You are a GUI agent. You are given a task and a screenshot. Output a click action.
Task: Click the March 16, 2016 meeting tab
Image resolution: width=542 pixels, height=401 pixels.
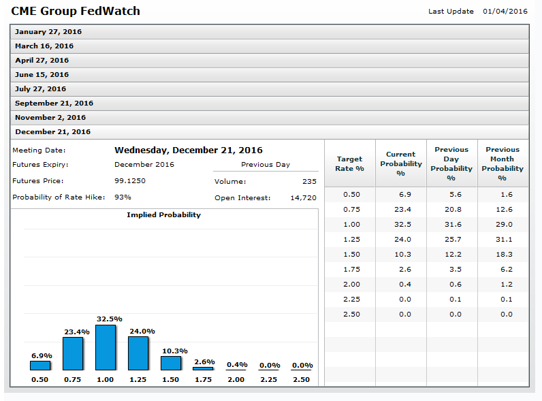click(44, 46)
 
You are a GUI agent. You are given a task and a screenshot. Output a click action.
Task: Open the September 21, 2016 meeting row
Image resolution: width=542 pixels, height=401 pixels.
click(54, 103)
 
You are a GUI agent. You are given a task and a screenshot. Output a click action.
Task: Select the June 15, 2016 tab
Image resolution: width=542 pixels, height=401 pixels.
click(42, 75)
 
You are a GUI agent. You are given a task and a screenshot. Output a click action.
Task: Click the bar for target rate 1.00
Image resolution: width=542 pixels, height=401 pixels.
click(105, 347)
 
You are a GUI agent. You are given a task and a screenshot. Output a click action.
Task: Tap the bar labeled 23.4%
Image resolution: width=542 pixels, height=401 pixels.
click(72, 353)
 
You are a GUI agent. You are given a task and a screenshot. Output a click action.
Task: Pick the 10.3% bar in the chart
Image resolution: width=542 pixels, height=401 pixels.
click(171, 363)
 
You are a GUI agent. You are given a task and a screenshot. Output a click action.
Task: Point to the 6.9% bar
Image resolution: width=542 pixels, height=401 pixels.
click(40, 365)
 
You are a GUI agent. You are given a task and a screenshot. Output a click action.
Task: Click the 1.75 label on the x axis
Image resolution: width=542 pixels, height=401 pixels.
click(203, 379)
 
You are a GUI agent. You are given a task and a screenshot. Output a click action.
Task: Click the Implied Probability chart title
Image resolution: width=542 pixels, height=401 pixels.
click(163, 215)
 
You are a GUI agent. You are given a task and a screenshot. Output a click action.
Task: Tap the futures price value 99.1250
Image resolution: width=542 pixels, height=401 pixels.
click(130, 181)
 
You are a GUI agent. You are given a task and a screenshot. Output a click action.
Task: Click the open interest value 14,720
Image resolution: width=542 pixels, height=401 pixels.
click(303, 198)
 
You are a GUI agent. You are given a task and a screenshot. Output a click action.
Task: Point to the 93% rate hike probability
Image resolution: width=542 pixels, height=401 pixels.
click(123, 197)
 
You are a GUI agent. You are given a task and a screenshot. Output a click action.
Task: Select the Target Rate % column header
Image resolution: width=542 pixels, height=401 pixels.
click(350, 163)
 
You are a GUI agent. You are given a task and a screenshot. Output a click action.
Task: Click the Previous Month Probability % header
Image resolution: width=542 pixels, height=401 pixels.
click(503, 163)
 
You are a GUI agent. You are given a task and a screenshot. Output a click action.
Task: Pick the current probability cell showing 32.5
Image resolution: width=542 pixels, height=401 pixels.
click(400, 225)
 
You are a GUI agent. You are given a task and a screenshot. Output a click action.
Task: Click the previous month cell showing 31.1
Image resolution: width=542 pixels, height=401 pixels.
click(503, 240)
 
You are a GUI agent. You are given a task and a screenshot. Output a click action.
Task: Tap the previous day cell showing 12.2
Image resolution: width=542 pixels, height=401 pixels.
click(451, 255)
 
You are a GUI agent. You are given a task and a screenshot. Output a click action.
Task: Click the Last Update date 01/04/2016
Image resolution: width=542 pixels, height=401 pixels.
click(505, 11)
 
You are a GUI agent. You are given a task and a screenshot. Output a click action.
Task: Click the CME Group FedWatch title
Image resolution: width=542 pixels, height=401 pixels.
click(76, 12)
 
